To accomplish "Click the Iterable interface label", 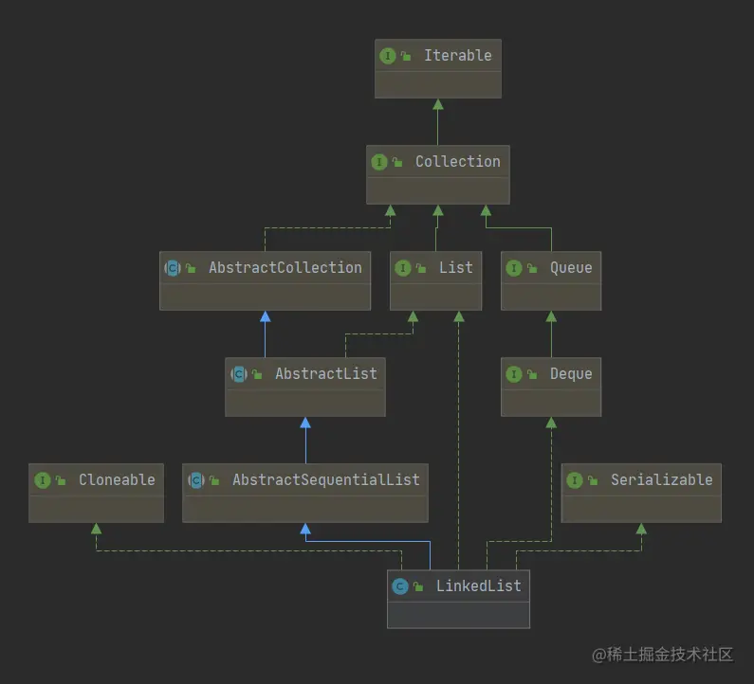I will [457, 56].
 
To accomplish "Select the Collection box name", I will [457, 162].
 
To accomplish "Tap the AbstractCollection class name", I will [285, 268].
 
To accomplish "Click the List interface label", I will [455, 268].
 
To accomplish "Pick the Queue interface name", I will [571, 268].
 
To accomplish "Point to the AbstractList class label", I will [326, 374].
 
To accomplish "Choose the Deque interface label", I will [571, 374].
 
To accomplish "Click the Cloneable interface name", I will [117, 480].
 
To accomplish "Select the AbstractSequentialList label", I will [325, 480].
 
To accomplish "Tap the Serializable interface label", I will [661, 480].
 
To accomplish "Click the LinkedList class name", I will [478, 586].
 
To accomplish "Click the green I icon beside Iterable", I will [387, 56].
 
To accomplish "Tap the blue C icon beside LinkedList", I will [399, 586].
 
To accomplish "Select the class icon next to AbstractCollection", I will [173, 268].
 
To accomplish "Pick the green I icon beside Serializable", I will [574, 480].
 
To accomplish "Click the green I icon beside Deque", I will [513, 374].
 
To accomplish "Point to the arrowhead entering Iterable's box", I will [437, 103].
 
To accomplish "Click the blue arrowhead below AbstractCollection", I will [265, 315].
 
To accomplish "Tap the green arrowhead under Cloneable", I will [95, 528].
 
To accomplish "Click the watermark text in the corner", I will [663, 655].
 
